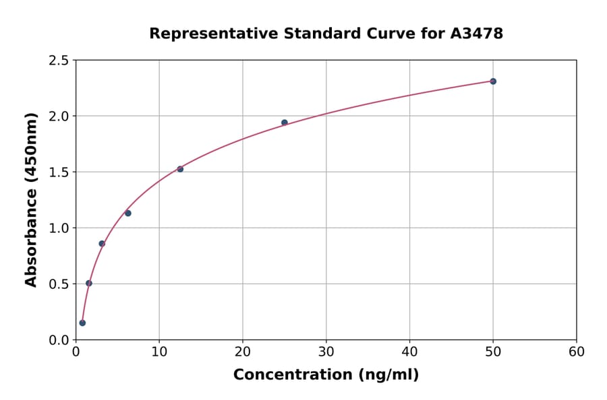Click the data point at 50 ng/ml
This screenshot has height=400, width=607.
493,81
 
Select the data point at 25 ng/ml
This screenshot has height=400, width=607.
285,123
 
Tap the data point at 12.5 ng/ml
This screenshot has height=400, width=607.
180,169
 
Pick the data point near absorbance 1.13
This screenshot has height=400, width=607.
128,213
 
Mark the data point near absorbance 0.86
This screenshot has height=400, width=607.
102,244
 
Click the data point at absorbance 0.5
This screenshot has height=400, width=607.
89,284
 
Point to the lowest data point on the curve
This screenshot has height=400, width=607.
82,323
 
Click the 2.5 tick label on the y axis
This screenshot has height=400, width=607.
59,61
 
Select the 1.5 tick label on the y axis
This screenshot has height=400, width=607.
59,172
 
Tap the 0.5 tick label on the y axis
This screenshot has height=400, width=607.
59,284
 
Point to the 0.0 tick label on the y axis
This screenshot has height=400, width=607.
59,340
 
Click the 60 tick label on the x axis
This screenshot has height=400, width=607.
576,352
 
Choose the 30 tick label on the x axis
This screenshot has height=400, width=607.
326,352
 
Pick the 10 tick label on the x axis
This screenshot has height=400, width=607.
159,352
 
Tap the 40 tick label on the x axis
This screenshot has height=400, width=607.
409,352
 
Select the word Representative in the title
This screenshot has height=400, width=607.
206,33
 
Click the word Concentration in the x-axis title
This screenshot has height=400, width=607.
291,375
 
